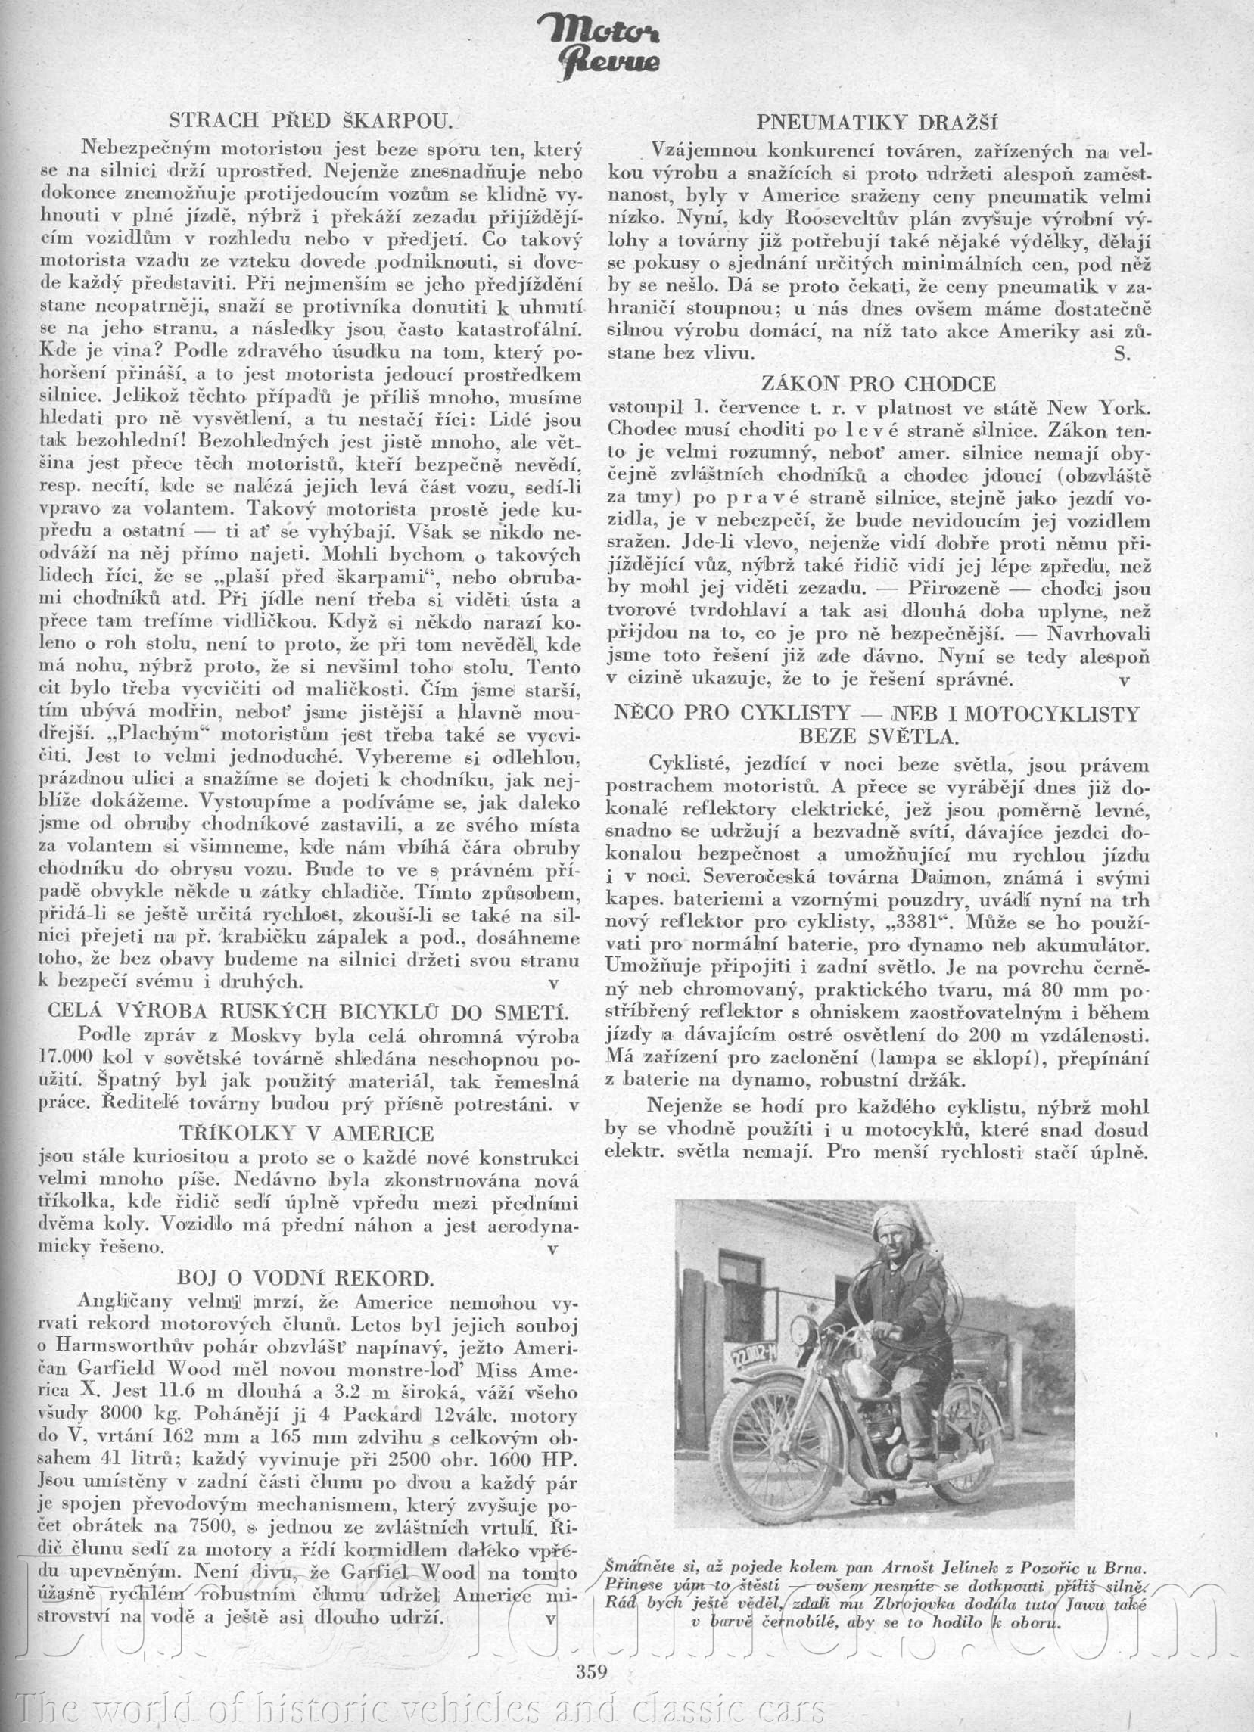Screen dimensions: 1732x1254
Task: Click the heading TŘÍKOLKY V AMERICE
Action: (x=306, y=1132)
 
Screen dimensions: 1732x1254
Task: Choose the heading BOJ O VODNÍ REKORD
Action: (x=306, y=1276)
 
